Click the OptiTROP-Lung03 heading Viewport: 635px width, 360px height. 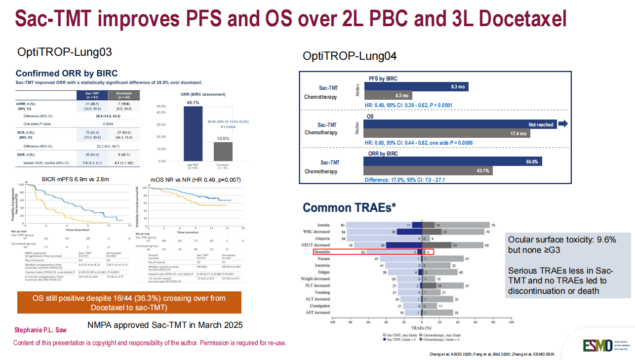tap(65, 52)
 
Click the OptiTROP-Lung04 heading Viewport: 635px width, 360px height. tap(350, 56)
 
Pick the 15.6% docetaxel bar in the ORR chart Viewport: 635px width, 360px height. tap(223, 151)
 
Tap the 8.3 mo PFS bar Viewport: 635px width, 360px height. tap(416, 86)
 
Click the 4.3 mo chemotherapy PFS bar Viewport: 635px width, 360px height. tap(388, 96)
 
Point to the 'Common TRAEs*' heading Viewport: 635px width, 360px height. tap(349, 208)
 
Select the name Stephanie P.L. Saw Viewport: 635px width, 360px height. tap(41, 329)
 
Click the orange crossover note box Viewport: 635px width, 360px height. tap(129, 302)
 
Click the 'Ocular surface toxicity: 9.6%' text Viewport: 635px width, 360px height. tap(562, 240)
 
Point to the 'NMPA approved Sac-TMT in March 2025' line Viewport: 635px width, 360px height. tap(165, 325)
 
